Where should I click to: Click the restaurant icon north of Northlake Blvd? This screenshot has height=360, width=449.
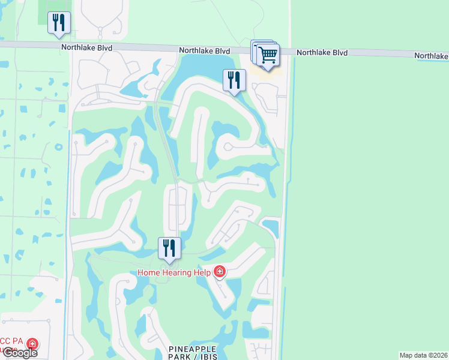[x=59, y=23]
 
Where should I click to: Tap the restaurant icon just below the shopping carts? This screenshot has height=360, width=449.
[x=234, y=80]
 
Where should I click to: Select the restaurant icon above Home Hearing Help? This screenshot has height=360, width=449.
[x=169, y=248]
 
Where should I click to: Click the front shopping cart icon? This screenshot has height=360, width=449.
[x=268, y=55]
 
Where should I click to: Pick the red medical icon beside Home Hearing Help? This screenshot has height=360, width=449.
[x=220, y=272]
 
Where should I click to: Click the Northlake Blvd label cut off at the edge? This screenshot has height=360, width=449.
[x=431, y=56]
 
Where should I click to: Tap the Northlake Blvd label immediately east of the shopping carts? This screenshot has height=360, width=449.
[x=322, y=53]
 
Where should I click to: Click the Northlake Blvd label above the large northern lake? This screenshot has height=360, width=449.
[x=204, y=50]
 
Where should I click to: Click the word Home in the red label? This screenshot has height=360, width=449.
[x=149, y=272]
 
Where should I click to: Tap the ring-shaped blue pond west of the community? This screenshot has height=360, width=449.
[x=58, y=146]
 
